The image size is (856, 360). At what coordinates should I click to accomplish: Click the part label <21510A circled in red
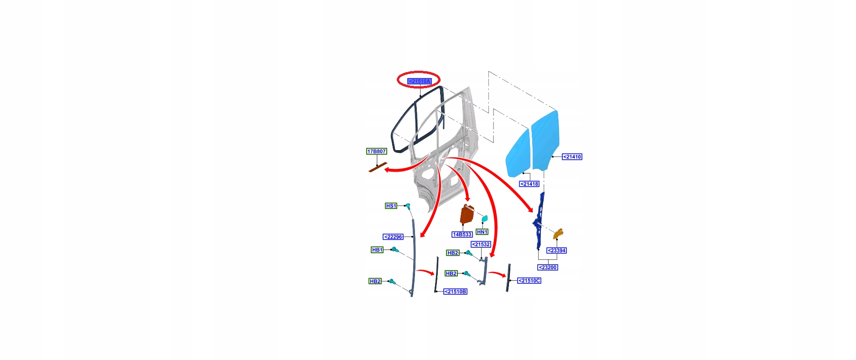[419, 81]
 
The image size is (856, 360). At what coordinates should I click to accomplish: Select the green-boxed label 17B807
[376, 151]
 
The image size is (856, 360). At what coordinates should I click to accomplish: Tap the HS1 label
[391, 206]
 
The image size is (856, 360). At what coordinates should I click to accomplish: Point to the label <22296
[393, 237]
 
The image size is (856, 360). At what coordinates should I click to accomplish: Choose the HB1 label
[377, 250]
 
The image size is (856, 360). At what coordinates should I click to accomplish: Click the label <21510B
[456, 292]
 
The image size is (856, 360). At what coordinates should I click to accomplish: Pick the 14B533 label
[462, 235]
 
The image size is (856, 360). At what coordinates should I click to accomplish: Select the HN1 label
[482, 232]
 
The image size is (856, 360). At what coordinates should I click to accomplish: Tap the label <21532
[481, 245]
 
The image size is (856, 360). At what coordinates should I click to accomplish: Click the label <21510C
[529, 281]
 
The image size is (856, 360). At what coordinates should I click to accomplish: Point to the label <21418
[529, 184]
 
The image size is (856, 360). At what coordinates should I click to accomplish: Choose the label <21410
[572, 157]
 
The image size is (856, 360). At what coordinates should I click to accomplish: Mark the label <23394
[556, 250]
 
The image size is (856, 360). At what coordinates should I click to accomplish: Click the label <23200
[548, 267]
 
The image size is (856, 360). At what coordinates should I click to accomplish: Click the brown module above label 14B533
[467, 214]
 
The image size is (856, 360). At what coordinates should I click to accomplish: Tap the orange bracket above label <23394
[559, 234]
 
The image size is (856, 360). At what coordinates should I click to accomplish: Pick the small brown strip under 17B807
[378, 167]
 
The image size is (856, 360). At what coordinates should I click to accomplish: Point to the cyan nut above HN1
[484, 218]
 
